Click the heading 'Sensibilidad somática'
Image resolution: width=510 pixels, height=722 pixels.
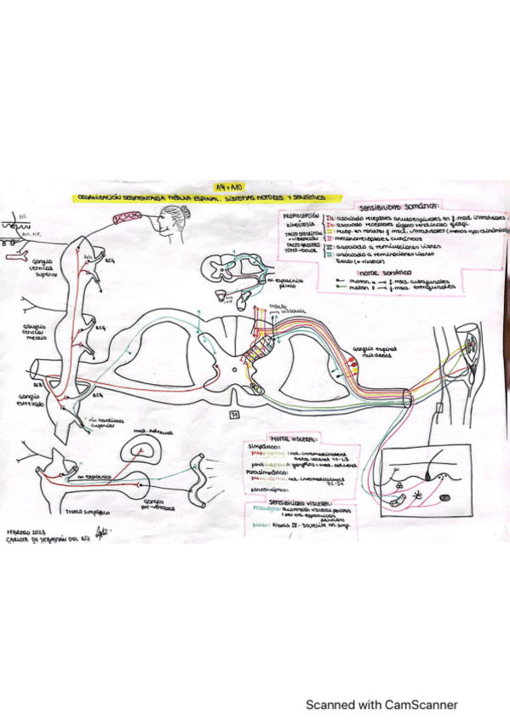pos(393,208)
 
